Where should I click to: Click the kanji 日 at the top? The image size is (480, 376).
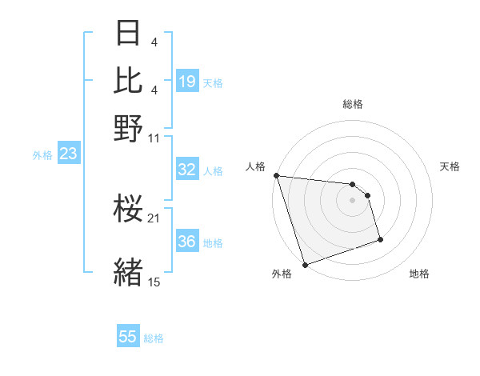point(129,33)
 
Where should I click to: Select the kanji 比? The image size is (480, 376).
point(129,80)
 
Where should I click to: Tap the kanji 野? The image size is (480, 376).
point(129,128)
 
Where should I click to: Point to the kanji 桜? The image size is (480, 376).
point(129,210)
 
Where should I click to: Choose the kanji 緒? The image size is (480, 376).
point(129,271)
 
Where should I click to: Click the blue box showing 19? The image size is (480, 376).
point(187,81)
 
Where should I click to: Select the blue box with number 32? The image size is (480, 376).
point(187,170)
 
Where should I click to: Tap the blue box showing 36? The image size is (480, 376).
point(187,242)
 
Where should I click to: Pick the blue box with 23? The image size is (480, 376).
point(67,154)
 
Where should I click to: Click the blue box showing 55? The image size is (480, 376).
point(128,337)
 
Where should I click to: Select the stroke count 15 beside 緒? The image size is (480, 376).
point(154,282)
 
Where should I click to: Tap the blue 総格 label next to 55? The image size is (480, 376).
point(154,338)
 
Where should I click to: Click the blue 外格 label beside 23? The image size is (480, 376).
point(42,155)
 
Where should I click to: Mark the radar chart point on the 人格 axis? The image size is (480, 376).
point(276,175)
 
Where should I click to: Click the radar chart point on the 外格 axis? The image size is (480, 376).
point(305,265)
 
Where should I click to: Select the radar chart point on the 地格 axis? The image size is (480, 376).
point(380,239)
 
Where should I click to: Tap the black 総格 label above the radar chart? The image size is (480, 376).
point(352,104)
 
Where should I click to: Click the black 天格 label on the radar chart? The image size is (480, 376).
point(450,166)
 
